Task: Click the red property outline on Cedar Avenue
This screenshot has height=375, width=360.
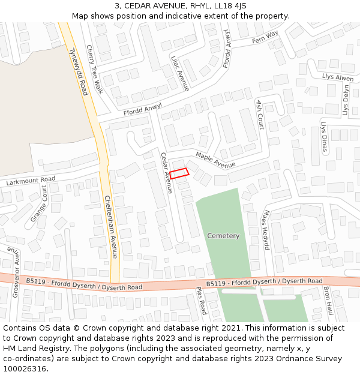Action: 179,173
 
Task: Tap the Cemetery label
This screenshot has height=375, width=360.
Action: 223,236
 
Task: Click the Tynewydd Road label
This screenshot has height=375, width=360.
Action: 79,71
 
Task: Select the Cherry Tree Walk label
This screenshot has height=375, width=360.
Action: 95,70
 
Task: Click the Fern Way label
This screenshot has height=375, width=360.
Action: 265,37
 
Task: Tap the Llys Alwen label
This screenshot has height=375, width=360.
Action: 338,78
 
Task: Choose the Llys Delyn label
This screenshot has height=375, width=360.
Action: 346,100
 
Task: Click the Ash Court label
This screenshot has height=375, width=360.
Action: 260,114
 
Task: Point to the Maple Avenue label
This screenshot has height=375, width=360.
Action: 215,160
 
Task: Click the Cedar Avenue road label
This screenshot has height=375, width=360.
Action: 166,173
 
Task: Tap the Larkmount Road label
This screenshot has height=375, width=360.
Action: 31,180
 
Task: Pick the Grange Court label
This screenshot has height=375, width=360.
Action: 39,203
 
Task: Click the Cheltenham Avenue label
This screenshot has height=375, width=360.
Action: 110,227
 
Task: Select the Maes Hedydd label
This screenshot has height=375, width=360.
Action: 266,230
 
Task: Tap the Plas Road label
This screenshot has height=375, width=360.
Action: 202,301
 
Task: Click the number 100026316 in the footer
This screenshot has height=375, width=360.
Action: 25,368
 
